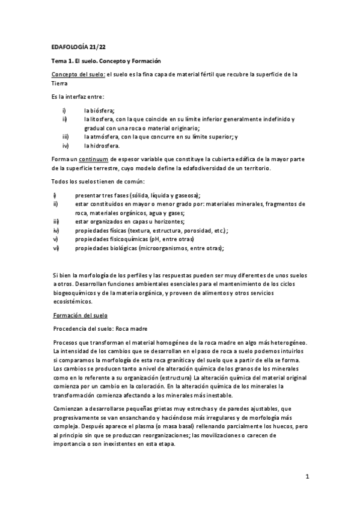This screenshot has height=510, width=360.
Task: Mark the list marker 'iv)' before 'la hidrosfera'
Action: point(64,146)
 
